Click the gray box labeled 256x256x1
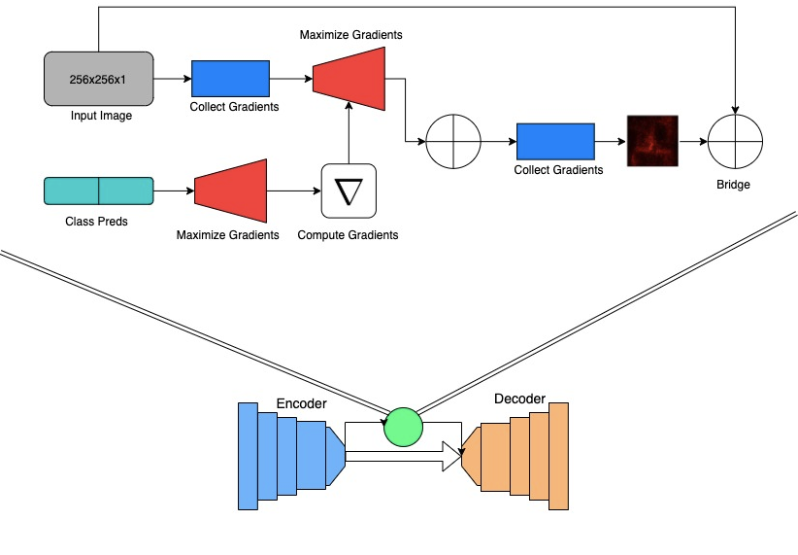(x=99, y=78)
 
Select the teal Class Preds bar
(x=99, y=191)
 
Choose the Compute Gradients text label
(x=348, y=235)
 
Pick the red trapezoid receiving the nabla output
(x=349, y=78)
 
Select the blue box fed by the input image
(x=231, y=78)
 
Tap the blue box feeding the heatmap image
(x=555, y=141)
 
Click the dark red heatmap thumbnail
(x=652, y=141)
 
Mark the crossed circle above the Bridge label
(x=734, y=141)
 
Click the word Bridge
(x=734, y=185)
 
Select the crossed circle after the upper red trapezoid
(x=453, y=141)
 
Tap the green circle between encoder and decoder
(x=404, y=426)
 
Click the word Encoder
(x=302, y=403)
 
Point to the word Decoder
(x=519, y=399)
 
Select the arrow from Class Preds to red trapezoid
(x=174, y=191)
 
